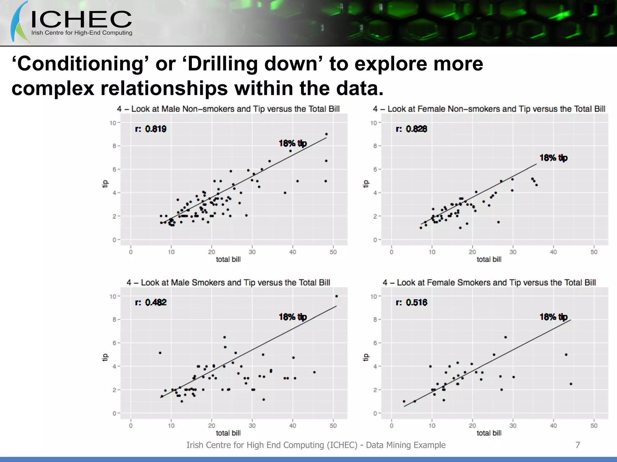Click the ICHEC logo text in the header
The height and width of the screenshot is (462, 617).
click(x=81, y=20)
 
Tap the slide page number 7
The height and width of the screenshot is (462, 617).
click(x=578, y=445)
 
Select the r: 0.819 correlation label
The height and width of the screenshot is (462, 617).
click(x=151, y=129)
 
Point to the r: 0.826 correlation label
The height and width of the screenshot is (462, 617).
click(x=411, y=129)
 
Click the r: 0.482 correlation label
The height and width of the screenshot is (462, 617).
click(x=151, y=302)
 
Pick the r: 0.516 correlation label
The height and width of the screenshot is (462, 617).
click(x=411, y=302)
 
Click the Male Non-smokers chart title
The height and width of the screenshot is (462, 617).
click(x=228, y=109)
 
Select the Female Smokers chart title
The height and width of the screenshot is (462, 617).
click(x=489, y=282)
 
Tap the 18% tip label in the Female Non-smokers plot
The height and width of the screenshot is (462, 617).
click(x=553, y=158)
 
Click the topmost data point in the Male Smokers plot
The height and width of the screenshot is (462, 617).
click(x=337, y=296)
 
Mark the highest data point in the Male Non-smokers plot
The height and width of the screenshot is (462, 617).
click(x=327, y=134)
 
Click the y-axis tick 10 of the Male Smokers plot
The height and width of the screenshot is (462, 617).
click(x=113, y=297)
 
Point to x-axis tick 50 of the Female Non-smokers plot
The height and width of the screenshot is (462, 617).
click(x=594, y=252)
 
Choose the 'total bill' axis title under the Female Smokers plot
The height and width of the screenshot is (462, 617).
click(x=489, y=433)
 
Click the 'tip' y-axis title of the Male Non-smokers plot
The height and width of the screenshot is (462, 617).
click(x=105, y=183)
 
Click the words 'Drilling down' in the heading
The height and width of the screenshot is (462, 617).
click(x=252, y=64)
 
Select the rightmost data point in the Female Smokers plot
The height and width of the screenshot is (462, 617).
click(x=571, y=384)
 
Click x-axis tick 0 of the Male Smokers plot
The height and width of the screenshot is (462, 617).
click(x=131, y=426)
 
